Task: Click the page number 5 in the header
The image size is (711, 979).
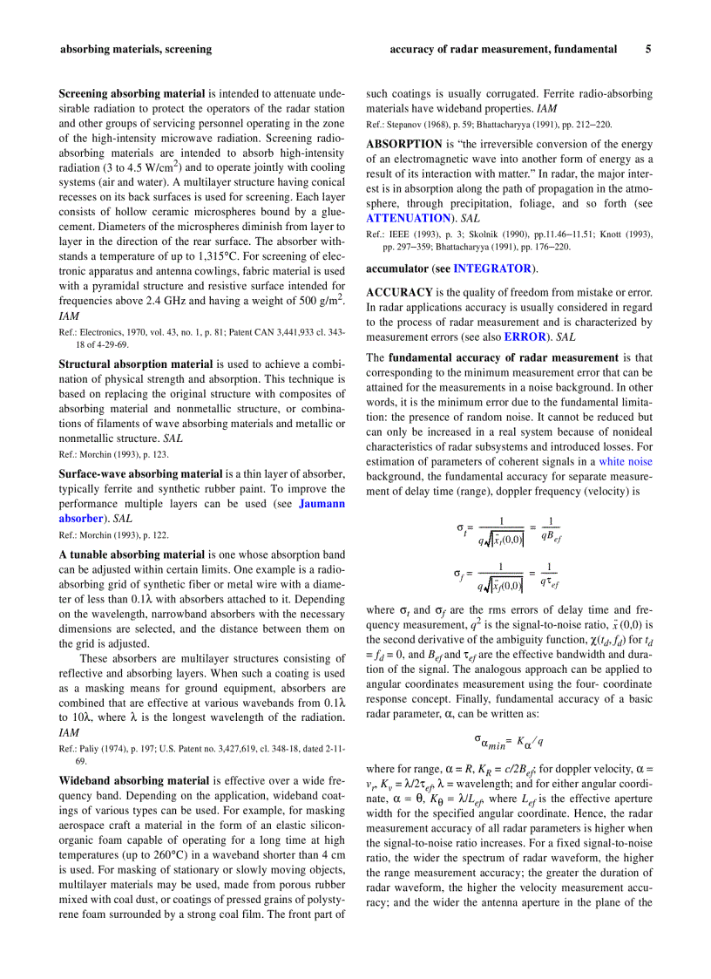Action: (647, 50)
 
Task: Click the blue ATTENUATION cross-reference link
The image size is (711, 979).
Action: (408, 217)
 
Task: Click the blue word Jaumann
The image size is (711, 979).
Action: (322, 504)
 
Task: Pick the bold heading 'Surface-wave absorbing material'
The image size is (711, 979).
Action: (140, 473)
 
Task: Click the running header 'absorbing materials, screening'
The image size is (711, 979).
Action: (135, 50)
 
